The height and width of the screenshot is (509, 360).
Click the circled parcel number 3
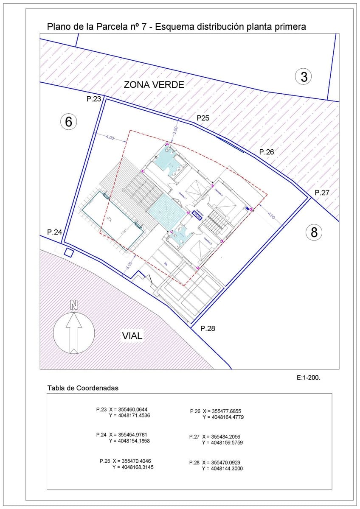click(304, 77)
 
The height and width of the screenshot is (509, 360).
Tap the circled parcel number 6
click(69, 122)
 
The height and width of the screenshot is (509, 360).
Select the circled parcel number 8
click(314, 232)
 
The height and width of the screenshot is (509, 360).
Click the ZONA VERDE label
click(154, 84)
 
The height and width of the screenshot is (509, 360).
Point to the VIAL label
click(132, 336)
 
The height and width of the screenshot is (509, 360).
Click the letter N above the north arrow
click(74, 305)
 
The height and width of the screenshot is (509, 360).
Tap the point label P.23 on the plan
click(94, 99)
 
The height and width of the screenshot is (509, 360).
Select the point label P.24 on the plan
click(55, 232)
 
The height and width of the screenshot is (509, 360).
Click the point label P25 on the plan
click(202, 118)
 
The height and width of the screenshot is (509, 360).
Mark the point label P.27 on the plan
click(322, 193)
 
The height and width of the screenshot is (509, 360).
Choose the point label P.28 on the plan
click(208, 328)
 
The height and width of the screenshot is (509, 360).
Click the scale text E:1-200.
click(308, 377)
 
